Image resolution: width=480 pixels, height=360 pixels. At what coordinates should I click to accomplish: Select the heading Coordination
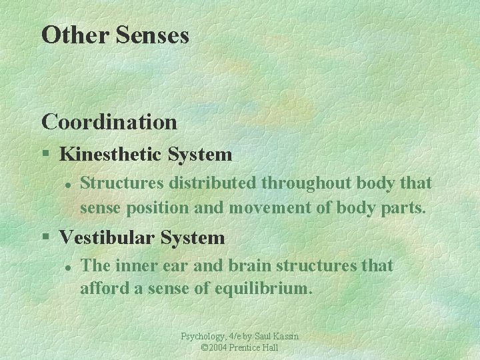pyautogui.click(x=109, y=122)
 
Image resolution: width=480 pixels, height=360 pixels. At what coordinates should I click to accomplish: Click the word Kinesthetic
pyautogui.click(x=111, y=155)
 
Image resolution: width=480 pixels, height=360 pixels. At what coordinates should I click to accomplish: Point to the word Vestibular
pyautogui.click(x=107, y=237)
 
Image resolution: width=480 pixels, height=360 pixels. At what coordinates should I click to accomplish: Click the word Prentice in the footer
pyautogui.click(x=248, y=348)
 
